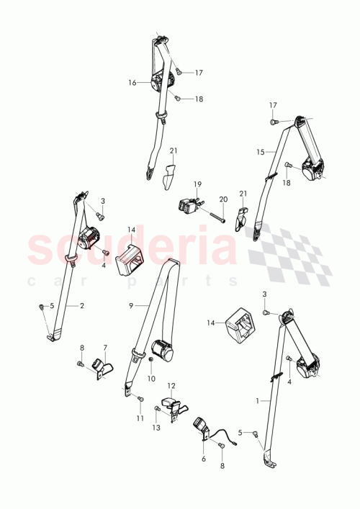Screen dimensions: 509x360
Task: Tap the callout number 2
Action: pos(81,305)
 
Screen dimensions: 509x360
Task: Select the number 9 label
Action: pos(131,306)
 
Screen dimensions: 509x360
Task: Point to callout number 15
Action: pos(261,152)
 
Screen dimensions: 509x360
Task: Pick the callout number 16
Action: pos(132,83)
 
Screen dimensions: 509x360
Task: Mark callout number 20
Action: pos(222,199)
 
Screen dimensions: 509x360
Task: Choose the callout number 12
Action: pos(171,386)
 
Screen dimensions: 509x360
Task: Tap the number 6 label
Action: pos(204,459)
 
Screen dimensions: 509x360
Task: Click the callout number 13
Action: pos(157,427)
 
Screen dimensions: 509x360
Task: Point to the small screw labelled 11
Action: pos(140,398)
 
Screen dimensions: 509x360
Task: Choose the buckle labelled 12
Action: pos(173,407)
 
